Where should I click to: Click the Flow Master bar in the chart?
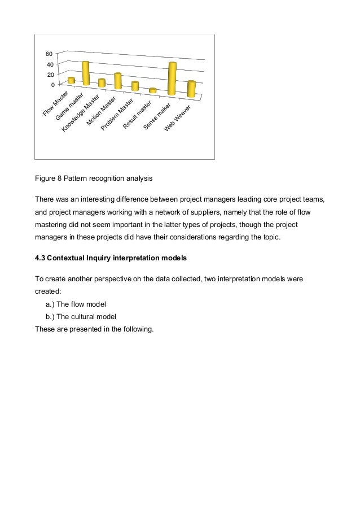click(x=71, y=81)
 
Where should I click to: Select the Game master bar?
click(x=86, y=73)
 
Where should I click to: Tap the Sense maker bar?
click(x=172, y=79)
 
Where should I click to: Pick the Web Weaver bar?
click(x=191, y=89)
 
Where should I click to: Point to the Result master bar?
click(x=152, y=90)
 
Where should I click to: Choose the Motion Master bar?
click(x=117, y=81)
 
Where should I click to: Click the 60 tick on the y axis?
click(x=49, y=54)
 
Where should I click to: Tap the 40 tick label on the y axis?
click(x=49, y=64)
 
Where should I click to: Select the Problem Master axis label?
click(x=117, y=115)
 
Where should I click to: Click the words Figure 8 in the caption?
click(x=48, y=178)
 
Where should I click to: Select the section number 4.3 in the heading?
click(x=40, y=259)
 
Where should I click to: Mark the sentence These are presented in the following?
click(x=94, y=328)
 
